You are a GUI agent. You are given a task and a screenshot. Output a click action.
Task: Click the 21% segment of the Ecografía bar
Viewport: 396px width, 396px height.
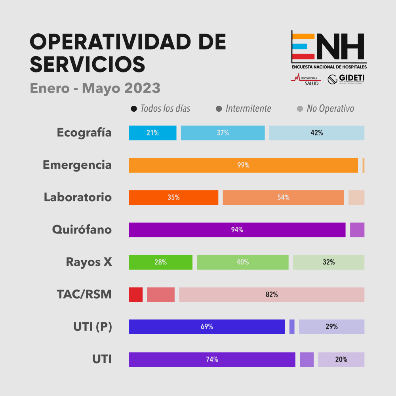152,133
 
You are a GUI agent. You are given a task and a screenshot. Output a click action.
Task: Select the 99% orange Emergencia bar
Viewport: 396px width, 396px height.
243,166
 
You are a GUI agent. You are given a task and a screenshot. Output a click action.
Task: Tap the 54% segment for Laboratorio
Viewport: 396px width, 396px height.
283,198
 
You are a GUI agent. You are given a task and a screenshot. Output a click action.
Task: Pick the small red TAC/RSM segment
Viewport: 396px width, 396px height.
135,295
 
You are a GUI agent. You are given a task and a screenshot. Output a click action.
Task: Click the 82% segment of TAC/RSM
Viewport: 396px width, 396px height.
272,295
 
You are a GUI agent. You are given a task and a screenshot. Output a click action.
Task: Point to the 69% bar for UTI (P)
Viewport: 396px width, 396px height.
207,327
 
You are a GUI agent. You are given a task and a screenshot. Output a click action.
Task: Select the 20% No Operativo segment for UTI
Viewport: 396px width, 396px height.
341,360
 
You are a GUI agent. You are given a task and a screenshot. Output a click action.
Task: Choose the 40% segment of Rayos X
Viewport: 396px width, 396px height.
243,262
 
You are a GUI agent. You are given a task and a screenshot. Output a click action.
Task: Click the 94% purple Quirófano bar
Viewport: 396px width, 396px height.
237,230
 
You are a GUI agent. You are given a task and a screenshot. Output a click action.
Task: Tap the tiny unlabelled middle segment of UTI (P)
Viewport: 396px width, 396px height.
292,327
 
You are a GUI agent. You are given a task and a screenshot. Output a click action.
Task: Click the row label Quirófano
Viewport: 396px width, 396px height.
82,230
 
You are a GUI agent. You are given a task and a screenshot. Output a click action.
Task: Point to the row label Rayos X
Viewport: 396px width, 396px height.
89,262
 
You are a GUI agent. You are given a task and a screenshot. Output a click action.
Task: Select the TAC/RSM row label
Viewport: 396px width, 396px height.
84,294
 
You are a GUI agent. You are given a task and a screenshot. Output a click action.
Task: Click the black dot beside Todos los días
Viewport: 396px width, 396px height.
134,109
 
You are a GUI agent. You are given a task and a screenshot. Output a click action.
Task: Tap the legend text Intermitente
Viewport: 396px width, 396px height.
248,109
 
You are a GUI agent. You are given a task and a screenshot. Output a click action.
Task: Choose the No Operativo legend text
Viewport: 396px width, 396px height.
330,109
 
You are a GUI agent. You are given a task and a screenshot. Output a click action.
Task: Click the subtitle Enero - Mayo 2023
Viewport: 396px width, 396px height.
95,88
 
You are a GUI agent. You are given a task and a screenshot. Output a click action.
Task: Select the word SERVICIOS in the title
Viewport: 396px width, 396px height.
88,64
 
